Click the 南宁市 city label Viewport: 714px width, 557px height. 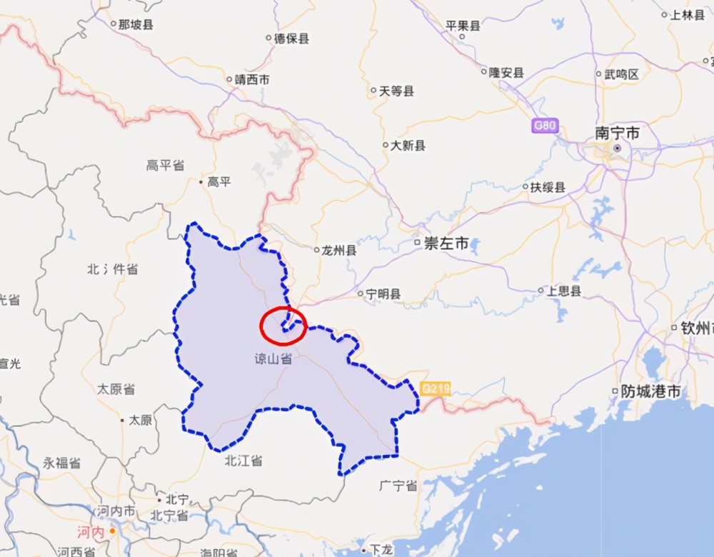(x=618, y=133)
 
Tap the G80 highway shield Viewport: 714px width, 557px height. (x=544, y=126)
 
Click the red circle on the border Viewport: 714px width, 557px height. (x=283, y=326)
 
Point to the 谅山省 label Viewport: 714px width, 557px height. (x=274, y=360)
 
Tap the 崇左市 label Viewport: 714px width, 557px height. (x=446, y=244)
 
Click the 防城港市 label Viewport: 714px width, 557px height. (x=650, y=391)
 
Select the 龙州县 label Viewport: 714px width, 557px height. (x=339, y=251)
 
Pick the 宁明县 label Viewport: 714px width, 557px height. (x=383, y=293)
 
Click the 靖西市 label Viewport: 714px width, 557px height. (x=252, y=80)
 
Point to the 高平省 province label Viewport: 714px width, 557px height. (x=165, y=166)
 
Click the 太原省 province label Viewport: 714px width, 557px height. (x=116, y=389)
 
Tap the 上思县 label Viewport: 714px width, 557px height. (x=563, y=291)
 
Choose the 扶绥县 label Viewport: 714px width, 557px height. (x=548, y=188)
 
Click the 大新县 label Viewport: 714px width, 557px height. (x=408, y=146)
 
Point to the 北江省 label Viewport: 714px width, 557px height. (x=243, y=461)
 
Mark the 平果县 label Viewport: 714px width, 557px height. (x=463, y=26)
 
